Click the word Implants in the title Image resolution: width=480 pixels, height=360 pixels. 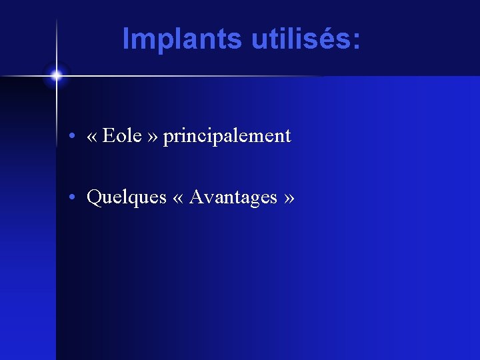pos(182,39)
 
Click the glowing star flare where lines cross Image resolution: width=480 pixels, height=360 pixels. pos(56,75)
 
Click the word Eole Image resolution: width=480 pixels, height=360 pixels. pos(123,136)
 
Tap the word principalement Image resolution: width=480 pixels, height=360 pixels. pos(227,137)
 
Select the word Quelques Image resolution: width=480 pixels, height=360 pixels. pos(127,198)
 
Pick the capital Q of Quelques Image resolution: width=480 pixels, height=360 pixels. pos(94,197)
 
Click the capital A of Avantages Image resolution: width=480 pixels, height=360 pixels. pos(196,197)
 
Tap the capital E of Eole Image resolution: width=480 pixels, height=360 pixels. pos(109,136)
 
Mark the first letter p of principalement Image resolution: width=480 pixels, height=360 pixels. pos(167,138)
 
